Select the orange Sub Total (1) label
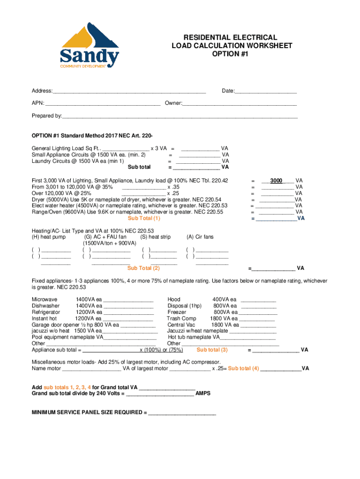pyautogui.click(x=144, y=218)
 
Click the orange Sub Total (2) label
pyautogui.click(x=144, y=268)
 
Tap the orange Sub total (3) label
pyautogui.click(x=212, y=349)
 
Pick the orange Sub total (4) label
pyautogui.click(x=243, y=368)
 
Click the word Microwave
pyautogui.click(x=44, y=299)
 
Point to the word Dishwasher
pyautogui.click(x=45, y=306)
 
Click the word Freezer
pyautogui.click(x=177, y=312)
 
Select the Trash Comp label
pyautogui.click(x=181, y=319)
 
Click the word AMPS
pyautogui.click(x=203, y=393)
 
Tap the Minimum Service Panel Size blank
pyautogui.click(x=182, y=414)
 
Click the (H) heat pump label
pyautogui.click(x=49, y=237)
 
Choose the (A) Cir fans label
pyautogui.click(x=200, y=237)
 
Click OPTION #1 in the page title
pyautogui.click(x=230, y=54)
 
